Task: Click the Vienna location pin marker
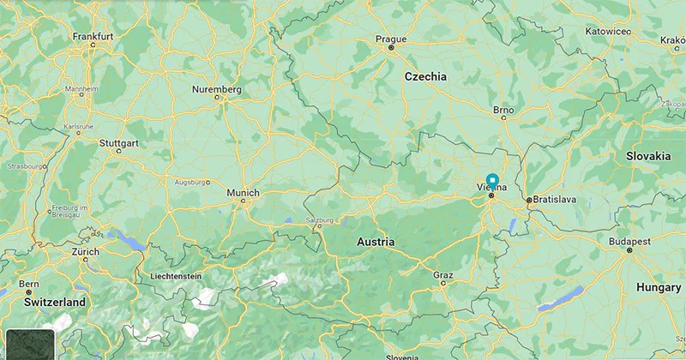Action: pyautogui.click(x=492, y=180)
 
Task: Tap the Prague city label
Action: pyautogui.click(x=391, y=39)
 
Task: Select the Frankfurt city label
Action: pyautogui.click(x=93, y=36)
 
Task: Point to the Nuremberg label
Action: pyautogui.click(x=217, y=89)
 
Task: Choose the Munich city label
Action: pyautogui.click(x=243, y=193)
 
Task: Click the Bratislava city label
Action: pyautogui.click(x=555, y=199)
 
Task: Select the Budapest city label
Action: pyautogui.click(x=630, y=242)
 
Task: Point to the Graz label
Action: pyautogui.click(x=443, y=274)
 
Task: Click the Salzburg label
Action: pyautogui.click(x=319, y=219)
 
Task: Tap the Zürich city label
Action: pyautogui.click(x=86, y=252)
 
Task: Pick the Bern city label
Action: pyautogui.click(x=29, y=283)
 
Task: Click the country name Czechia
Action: pyautogui.click(x=426, y=76)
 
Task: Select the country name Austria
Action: pyautogui.click(x=376, y=243)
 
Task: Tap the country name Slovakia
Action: pyautogui.click(x=648, y=157)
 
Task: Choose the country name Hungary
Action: pyautogui.click(x=659, y=288)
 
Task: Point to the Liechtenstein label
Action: pyautogui.click(x=175, y=276)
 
